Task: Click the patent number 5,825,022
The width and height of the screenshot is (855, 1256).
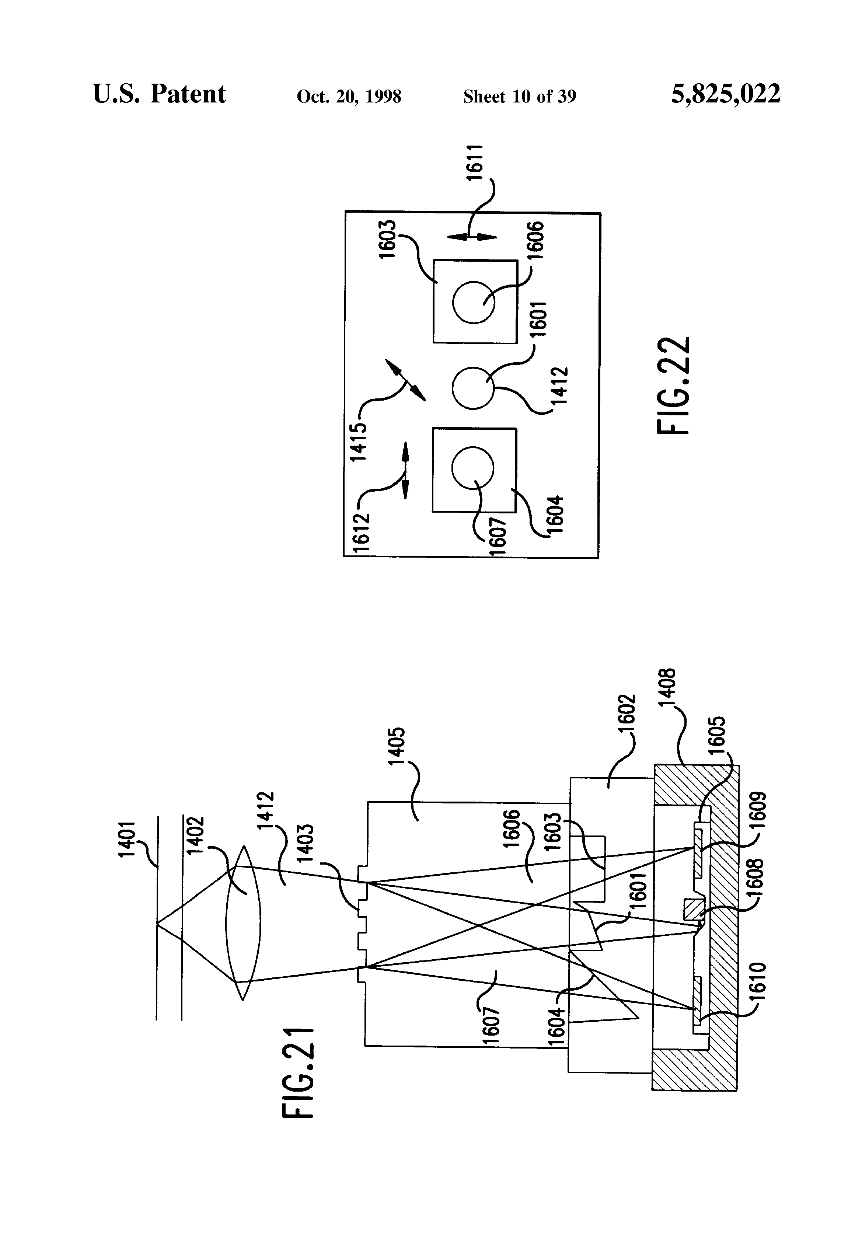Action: (725, 94)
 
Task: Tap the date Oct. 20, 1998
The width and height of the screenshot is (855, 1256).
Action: (349, 97)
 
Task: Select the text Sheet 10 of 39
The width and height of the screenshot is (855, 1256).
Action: (519, 97)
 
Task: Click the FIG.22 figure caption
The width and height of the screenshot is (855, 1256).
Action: (674, 385)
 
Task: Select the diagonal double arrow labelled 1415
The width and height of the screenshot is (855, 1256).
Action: (405, 379)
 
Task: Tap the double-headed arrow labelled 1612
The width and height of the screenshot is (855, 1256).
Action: (405, 470)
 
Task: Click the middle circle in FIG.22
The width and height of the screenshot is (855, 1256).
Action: (473, 388)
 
